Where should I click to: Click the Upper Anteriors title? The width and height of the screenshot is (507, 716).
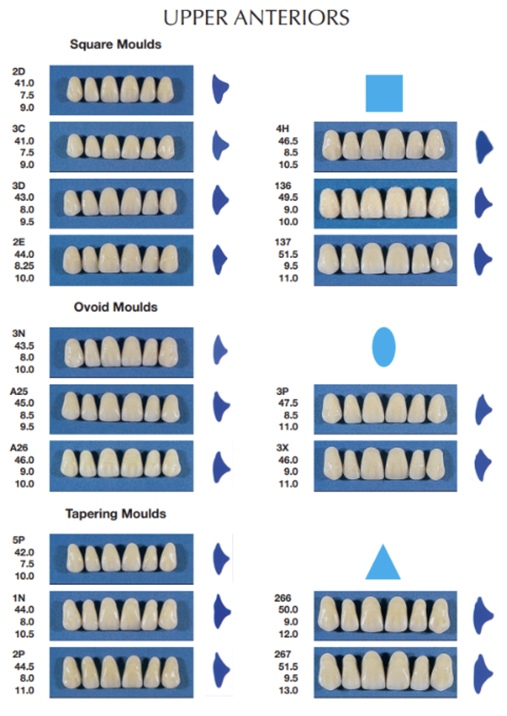point(256,17)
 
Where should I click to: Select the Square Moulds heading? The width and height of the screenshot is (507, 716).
point(116,44)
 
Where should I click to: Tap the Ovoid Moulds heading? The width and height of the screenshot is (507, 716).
point(116,306)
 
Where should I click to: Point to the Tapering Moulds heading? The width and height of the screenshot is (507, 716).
point(116,513)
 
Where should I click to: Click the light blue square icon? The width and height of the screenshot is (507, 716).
point(384,93)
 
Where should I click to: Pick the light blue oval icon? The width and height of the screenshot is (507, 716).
point(383,346)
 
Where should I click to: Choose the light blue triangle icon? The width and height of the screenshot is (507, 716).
point(383,563)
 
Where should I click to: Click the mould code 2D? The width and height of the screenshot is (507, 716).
point(19,71)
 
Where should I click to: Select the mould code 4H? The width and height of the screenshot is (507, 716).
point(283,128)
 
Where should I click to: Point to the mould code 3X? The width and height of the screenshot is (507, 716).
point(283,448)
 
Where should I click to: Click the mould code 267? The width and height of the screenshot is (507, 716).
point(284,654)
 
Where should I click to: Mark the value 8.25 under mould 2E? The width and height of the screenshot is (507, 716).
point(24,266)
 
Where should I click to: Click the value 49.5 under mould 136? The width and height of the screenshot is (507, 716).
point(286,197)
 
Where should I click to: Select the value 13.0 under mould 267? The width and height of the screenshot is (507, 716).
point(286,690)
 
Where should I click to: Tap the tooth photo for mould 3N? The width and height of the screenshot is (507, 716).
point(122,351)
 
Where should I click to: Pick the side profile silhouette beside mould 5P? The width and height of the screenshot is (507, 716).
point(220,557)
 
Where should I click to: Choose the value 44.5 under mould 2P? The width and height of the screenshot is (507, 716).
point(24,666)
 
